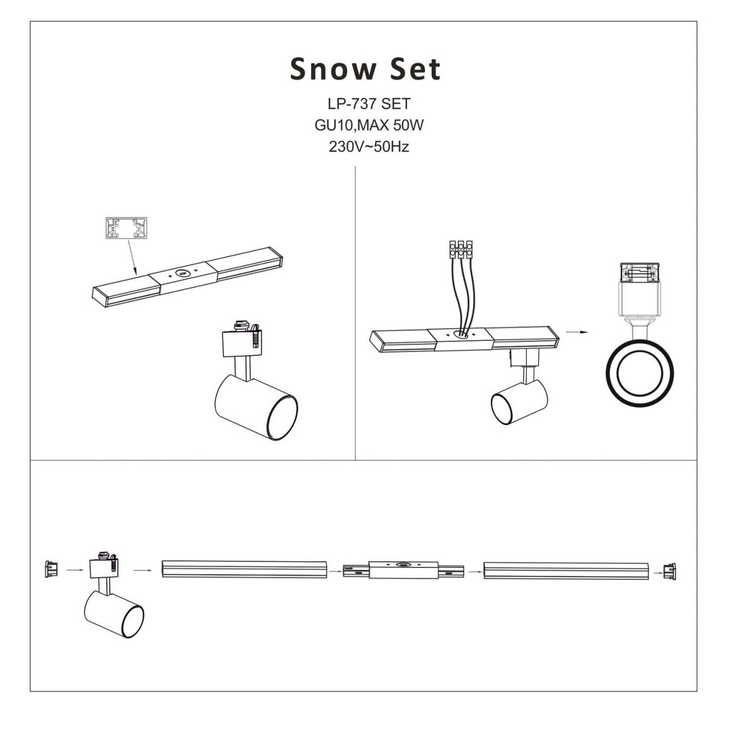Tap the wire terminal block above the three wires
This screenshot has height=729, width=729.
460,247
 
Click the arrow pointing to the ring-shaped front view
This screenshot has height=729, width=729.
578,332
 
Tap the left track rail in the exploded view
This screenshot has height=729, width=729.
244,570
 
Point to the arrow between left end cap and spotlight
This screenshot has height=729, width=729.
74,570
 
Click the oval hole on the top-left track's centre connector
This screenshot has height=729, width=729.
182,273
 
